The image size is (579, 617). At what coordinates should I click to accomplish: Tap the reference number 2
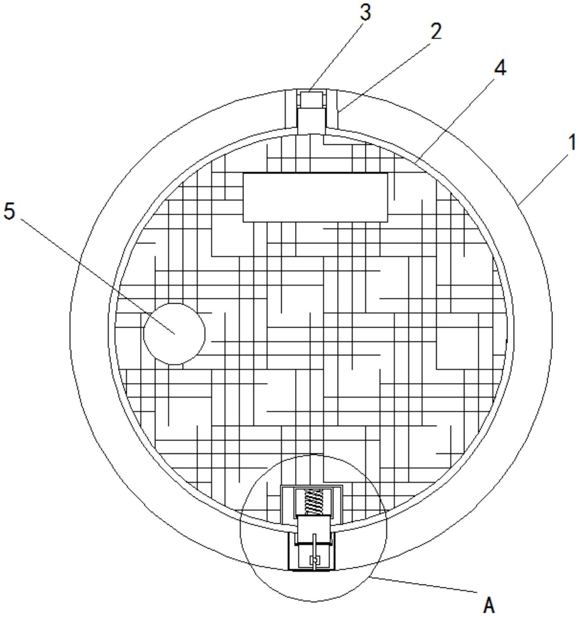click(435, 31)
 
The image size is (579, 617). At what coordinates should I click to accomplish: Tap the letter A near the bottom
click(489, 605)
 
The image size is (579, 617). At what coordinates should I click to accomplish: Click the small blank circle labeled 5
click(174, 334)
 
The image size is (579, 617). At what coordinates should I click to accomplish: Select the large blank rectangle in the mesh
click(315, 197)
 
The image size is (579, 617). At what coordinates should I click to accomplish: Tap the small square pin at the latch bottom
click(315, 561)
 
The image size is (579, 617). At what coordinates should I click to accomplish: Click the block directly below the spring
click(314, 529)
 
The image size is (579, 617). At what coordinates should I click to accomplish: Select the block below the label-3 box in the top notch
click(311, 121)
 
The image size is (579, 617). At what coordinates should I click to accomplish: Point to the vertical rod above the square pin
click(315, 546)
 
